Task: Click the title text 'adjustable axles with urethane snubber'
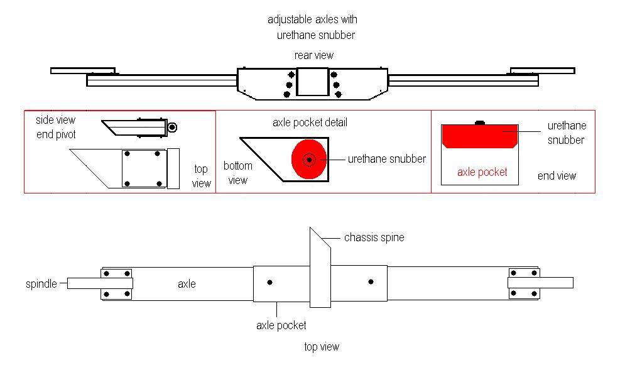click(313, 27)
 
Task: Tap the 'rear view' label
click(313, 55)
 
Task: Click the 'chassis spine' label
click(374, 237)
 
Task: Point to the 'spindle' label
click(41, 283)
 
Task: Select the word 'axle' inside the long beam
click(187, 284)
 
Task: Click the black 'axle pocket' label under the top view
click(281, 325)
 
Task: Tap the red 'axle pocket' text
click(482, 172)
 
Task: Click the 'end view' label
click(557, 176)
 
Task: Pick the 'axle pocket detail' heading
click(310, 123)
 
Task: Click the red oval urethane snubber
click(308, 160)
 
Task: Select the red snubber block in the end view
click(480, 135)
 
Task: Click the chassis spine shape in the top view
click(320, 270)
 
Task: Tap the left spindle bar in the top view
click(85, 283)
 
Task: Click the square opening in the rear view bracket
click(312, 82)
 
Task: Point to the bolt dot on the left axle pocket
click(269, 282)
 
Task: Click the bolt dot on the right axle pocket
click(371, 282)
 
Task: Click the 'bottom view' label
click(237, 173)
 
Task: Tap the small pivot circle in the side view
click(173, 128)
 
